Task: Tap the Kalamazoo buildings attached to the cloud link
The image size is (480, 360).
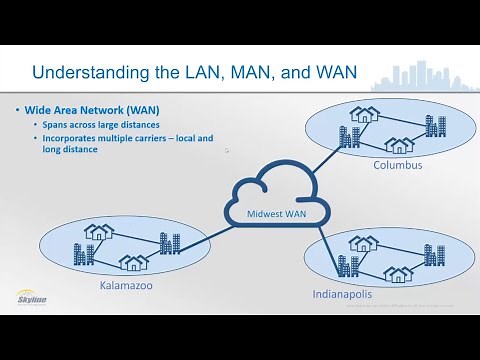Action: [169, 242]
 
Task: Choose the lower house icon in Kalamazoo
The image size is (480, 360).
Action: [132, 262]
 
